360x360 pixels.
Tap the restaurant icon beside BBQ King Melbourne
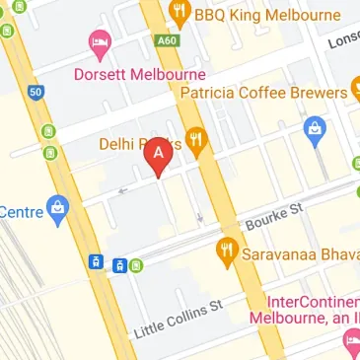(x=179, y=15)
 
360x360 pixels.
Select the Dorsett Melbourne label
(x=138, y=75)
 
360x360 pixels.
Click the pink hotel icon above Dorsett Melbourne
(x=99, y=42)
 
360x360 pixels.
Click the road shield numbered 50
(x=36, y=92)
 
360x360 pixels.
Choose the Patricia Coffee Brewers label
(x=263, y=92)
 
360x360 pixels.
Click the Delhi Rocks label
(x=134, y=144)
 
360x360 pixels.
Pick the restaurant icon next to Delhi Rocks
(x=196, y=142)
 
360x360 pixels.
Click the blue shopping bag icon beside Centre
(x=59, y=209)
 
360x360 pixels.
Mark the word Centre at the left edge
(x=20, y=211)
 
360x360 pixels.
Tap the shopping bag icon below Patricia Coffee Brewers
(x=316, y=127)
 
